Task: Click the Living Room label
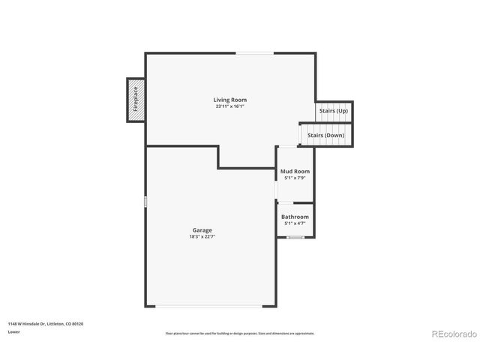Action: pos(229,100)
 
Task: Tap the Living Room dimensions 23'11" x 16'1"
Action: pos(229,106)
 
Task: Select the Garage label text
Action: pos(202,229)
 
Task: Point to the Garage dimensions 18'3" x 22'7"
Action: pos(202,236)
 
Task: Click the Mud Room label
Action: pos(295,172)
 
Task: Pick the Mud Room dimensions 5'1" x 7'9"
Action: pos(295,178)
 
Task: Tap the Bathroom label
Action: pos(295,217)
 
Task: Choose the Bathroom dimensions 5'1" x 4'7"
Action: pos(295,223)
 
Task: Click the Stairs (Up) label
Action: pos(333,111)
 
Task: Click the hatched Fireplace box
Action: pos(136,100)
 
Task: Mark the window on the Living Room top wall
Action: pos(255,53)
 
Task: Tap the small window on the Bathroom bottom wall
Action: pos(295,237)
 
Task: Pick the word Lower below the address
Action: pos(13,331)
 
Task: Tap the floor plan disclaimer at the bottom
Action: pos(239,333)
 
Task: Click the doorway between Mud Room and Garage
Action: pos(277,192)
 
